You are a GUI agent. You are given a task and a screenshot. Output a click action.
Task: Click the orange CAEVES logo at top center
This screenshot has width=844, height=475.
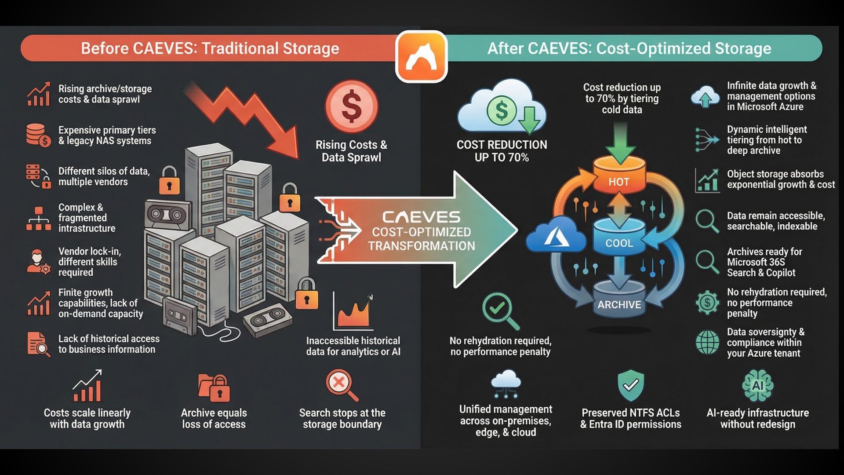point(421,56)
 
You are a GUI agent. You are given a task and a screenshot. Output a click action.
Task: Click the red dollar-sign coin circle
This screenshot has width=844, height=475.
point(351,106)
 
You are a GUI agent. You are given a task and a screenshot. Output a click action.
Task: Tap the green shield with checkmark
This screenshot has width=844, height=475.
point(630,385)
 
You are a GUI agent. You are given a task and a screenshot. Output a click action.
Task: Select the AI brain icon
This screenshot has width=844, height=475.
point(757,386)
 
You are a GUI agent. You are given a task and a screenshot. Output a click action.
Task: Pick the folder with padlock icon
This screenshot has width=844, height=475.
point(214,387)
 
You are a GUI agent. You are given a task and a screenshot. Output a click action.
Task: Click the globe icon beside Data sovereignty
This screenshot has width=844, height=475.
point(707,342)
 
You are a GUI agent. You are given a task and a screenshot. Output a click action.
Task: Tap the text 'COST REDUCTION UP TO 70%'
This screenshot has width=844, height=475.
point(502,151)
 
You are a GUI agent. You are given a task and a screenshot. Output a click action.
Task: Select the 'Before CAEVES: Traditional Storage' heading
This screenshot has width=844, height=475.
point(210,48)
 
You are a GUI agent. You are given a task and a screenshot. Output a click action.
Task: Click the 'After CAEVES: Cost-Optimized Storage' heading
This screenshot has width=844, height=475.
point(629,48)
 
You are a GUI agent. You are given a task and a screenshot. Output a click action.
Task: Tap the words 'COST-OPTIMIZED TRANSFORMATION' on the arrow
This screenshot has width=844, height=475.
point(421,239)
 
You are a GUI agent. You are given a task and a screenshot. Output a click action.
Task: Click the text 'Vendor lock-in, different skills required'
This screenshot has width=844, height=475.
point(89,262)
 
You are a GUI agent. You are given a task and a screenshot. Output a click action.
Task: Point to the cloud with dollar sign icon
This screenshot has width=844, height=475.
point(502,108)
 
